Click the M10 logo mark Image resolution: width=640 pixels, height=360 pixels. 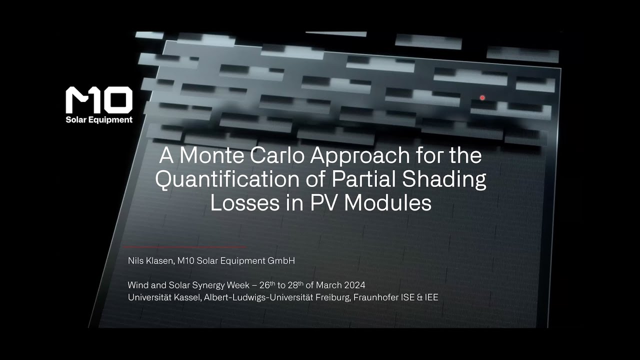[99, 99]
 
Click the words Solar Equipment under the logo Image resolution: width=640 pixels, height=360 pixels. [99, 120]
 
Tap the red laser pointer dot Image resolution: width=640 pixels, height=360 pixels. [482, 98]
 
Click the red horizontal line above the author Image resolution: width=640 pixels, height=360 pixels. [184, 247]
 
